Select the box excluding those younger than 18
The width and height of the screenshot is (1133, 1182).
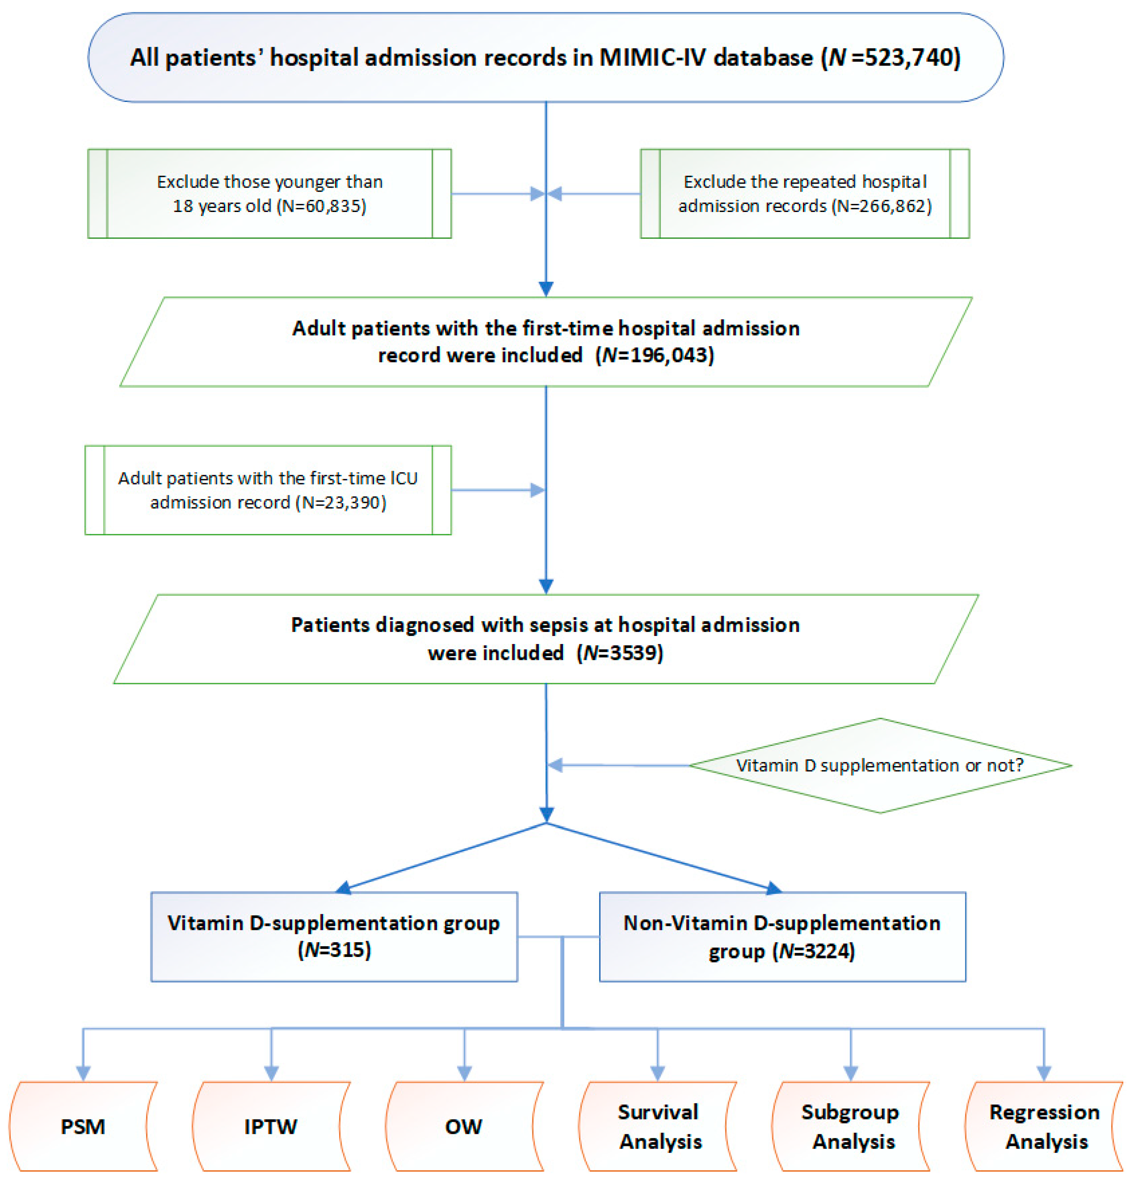[269, 194]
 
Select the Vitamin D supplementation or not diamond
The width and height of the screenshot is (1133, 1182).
[880, 765]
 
